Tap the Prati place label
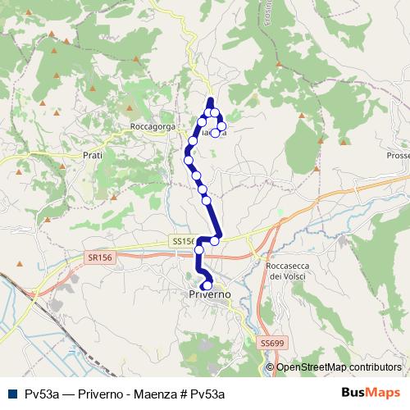(93, 153)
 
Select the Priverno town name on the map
(209, 294)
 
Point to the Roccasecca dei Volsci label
(289, 271)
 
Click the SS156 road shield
(184, 241)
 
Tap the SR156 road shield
(100, 257)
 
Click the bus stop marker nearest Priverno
(207, 285)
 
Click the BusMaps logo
(370, 394)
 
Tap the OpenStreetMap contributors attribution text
(339, 367)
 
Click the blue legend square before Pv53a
(11, 394)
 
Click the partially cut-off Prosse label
(398, 156)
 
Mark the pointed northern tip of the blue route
(211, 100)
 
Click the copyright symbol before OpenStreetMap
(271, 367)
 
